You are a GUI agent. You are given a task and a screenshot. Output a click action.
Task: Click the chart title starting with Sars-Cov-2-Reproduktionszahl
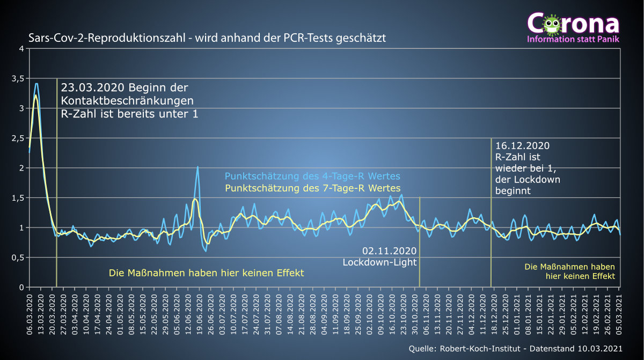[207, 38]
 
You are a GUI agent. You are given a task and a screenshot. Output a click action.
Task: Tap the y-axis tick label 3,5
[18, 78]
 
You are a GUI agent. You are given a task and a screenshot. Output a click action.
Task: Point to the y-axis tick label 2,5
[18, 138]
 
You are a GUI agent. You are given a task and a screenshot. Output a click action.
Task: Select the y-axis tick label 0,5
[18, 258]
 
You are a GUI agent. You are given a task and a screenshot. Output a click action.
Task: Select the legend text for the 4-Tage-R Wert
[312, 177]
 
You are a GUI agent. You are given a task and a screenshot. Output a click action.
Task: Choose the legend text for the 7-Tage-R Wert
[312, 188]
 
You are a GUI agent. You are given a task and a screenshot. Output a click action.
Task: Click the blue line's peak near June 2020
[197, 167]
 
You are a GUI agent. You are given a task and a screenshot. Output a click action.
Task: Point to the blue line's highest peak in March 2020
[36, 84]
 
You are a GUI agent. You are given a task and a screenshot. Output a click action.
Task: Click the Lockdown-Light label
[380, 262]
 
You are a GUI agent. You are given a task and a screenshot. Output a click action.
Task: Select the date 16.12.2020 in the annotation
[522, 146]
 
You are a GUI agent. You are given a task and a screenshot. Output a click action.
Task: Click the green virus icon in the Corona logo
[551, 24]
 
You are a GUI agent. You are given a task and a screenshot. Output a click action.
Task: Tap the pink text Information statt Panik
[573, 39]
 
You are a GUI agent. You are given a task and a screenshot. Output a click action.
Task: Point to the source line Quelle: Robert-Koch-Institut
[515, 349]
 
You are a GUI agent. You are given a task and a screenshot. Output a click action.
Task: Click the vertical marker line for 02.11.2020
[419, 241]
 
